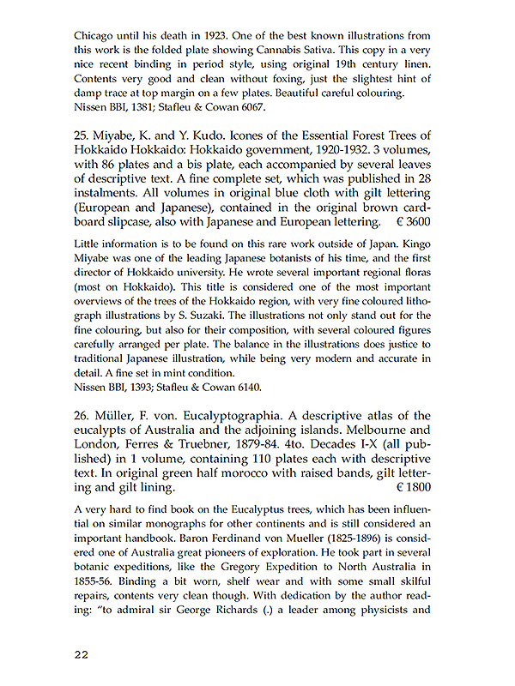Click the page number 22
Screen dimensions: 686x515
84,654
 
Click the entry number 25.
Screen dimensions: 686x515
84,136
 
